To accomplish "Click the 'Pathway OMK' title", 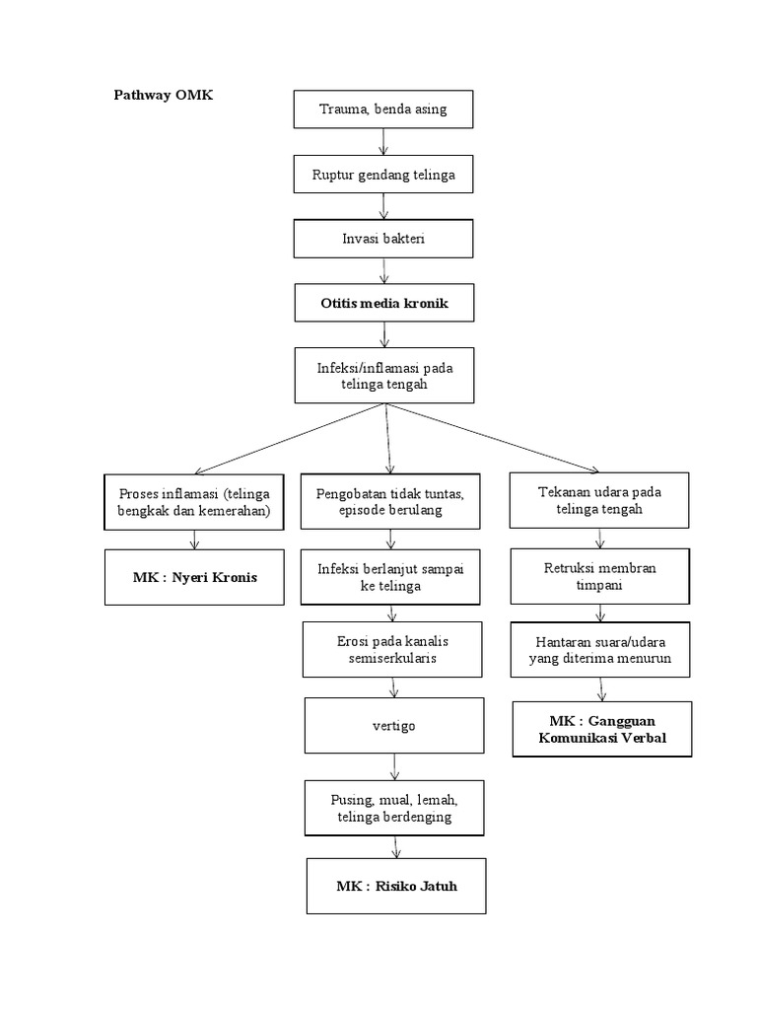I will (x=163, y=96).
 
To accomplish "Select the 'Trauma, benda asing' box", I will (x=383, y=108).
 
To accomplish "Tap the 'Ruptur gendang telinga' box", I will (x=383, y=175).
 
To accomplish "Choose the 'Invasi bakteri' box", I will (x=383, y=240).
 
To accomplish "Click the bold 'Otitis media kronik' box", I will (x=383, y=303).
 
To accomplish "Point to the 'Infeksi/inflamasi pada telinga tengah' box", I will (x=383, y=376).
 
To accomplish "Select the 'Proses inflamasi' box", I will (x=194, y=502).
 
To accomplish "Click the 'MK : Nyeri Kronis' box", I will (x=194, y=577).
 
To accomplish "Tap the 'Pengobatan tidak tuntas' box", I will (x=391, y=502).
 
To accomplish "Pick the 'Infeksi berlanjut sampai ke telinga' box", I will (x=391, y=577).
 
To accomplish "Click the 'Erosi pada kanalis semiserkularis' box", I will (x=391, y=649).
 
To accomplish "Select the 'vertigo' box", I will (x=394, y=726).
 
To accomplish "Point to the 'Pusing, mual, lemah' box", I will (x=393, y=807).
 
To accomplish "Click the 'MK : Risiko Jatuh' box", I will (x=396, y=886).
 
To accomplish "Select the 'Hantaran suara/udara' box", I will (x=600, y=650).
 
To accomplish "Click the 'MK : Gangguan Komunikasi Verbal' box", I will (x=601, y=729).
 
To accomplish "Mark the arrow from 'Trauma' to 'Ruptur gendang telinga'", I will (x=383, y=142).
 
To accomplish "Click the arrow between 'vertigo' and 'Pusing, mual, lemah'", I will (x=394, y=767).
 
